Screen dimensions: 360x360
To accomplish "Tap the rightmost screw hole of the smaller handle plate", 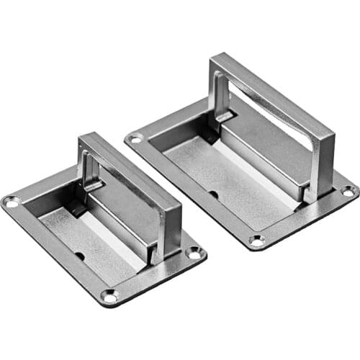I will (194, 252).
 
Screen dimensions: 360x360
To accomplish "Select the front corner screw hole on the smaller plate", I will (109, 295).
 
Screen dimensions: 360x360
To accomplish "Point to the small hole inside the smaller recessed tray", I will (78, 256).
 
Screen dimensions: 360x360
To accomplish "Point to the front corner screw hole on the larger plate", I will (257, 240).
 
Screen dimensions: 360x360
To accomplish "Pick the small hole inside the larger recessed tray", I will (213, 194).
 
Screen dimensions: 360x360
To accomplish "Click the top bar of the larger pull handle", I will (274, 94).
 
